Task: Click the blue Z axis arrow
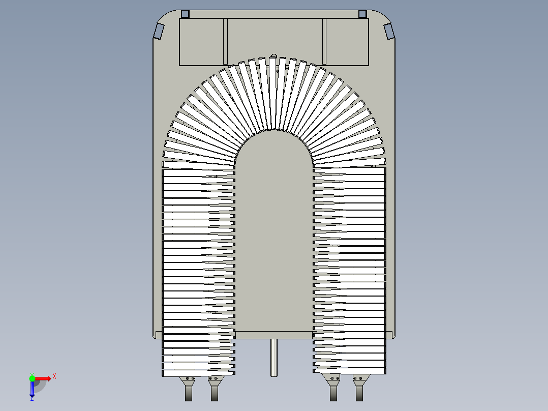click(32, 390)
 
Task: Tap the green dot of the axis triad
click(32, 378)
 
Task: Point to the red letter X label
click(54, 376)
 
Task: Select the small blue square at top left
click(185, 14)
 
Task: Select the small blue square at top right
click(362, 14)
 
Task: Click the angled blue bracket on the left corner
click(159, 31)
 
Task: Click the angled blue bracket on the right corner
click(389, 31)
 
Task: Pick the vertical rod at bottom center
click(274, 358)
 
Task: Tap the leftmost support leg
click(189, 393)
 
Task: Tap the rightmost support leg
click(359, 393)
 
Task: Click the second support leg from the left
click(214, 393)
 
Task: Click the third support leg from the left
click(333, 393)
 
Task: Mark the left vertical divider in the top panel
click(225, 42)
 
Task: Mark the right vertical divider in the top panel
click(323, 42)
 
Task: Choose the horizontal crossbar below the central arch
click(273, 335)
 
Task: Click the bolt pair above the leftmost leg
click(191, 378)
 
